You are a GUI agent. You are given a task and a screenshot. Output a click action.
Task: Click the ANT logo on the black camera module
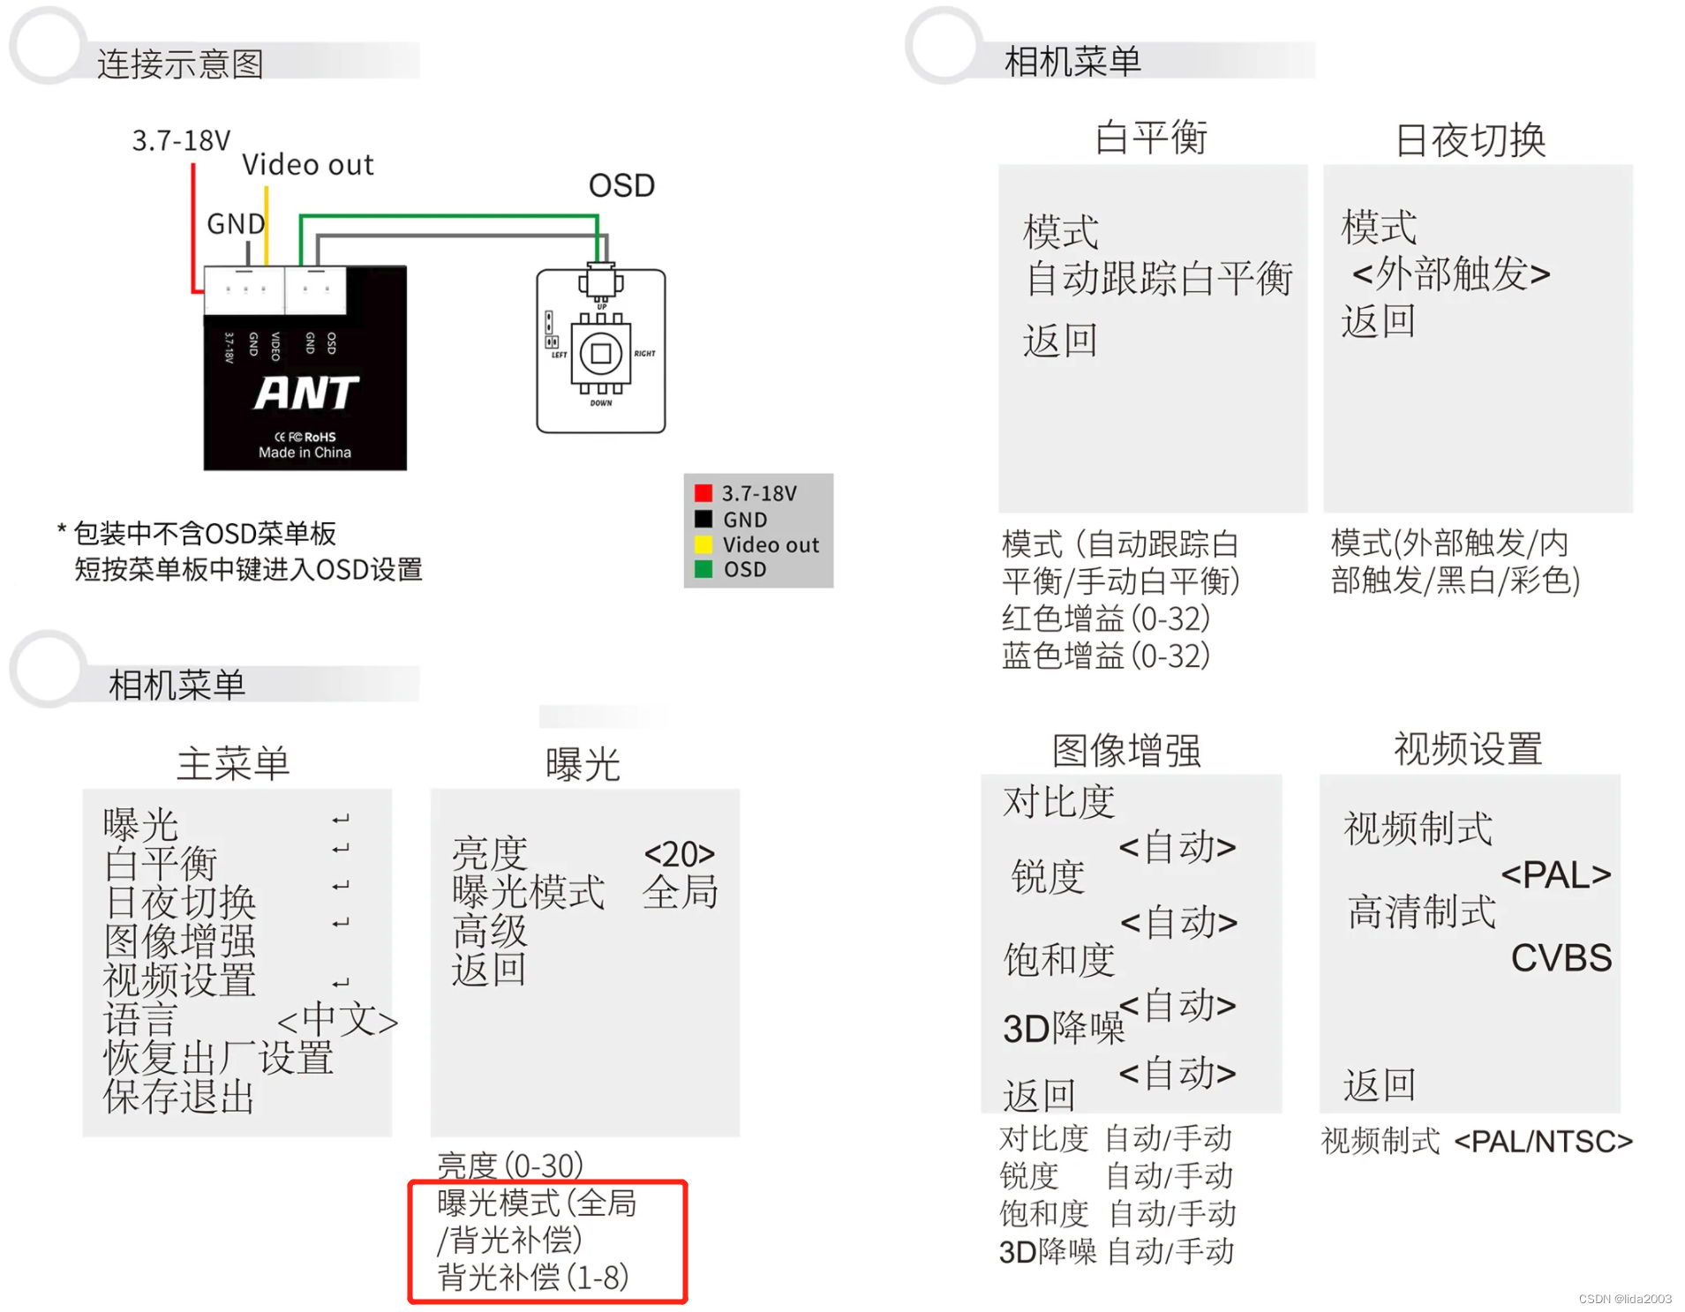pos(305,393)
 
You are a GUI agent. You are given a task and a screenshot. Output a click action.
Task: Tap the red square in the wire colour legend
pos(703,492)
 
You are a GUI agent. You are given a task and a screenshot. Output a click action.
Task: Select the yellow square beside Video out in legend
pos(703,544)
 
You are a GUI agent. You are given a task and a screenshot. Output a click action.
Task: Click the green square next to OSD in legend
pos(703,569)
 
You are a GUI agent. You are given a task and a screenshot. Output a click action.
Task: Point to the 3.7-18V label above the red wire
pos(181,140)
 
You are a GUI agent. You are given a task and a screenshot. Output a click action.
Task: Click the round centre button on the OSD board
pos(600,353)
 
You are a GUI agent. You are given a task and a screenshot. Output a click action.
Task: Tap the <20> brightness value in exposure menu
pos(679,853)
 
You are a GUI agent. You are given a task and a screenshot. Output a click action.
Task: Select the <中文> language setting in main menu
pos(337,1019)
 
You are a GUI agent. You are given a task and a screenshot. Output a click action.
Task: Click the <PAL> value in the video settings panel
pos(1555,874)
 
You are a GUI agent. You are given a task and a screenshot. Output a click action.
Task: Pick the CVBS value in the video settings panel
pos(1561,957)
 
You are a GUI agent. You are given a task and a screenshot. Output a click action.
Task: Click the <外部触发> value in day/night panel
pos(1450,274)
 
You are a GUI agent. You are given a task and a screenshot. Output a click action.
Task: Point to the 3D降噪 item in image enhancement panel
pos(1063,1028)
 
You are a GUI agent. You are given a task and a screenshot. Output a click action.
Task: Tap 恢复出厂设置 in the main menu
pos(218,1057)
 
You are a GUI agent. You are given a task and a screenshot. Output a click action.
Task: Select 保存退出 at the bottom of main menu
pos(179,1097)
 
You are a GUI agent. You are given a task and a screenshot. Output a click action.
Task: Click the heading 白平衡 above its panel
pos(1151,138)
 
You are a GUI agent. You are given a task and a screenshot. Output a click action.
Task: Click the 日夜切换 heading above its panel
pos(1471,139)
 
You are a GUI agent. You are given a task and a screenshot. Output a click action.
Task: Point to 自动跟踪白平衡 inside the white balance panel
pos(1158,278)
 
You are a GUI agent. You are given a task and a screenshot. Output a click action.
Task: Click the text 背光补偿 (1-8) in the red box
pos(533,1277)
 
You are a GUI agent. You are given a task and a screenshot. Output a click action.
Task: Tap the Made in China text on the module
pos(305,453)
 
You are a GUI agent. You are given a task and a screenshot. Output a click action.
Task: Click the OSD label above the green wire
pos(621,185)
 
